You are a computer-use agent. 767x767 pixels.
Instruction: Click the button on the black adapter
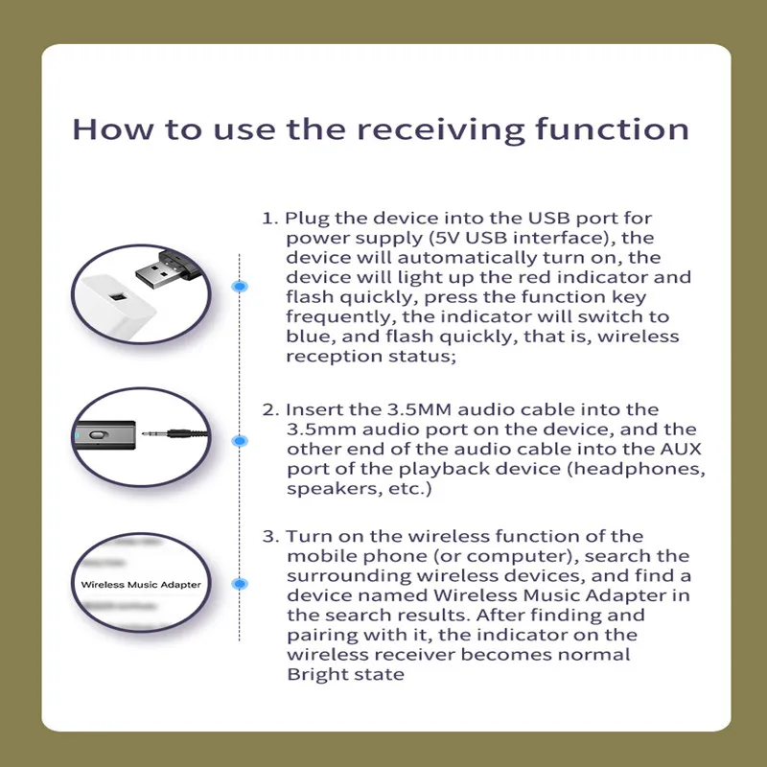[94, 434]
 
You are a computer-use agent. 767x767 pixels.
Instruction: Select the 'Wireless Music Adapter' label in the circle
[141, 584]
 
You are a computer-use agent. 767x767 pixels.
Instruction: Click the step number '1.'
[269, 218]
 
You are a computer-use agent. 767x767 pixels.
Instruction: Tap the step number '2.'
[271, 409]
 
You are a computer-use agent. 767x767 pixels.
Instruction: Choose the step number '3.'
[271, 536]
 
